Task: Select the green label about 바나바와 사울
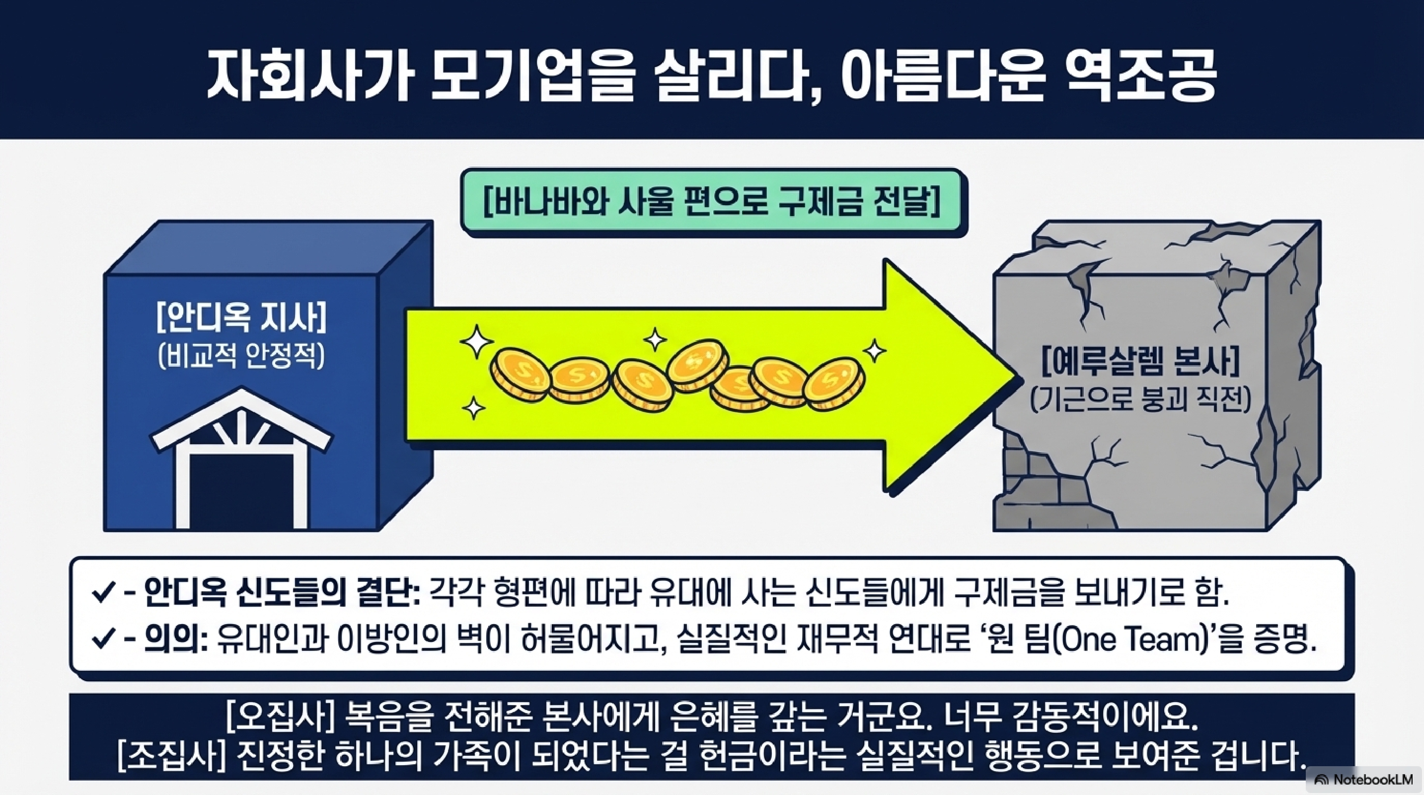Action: (713, 203)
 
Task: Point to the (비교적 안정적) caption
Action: (242, 357)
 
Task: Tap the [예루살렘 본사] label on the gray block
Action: (1141, 362)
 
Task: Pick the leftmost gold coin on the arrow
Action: (520, 373)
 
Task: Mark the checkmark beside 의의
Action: (103, 641)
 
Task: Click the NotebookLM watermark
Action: (1365, 780)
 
